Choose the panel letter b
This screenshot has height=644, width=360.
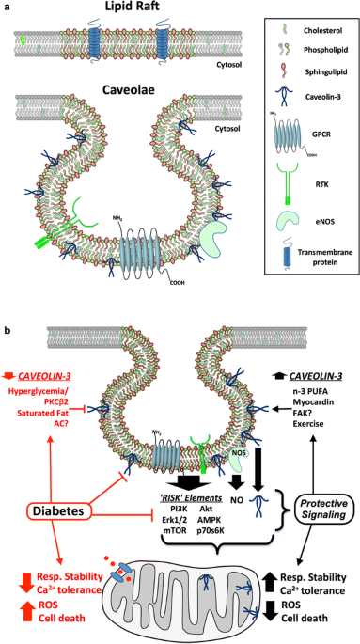(x=7, y=331)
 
